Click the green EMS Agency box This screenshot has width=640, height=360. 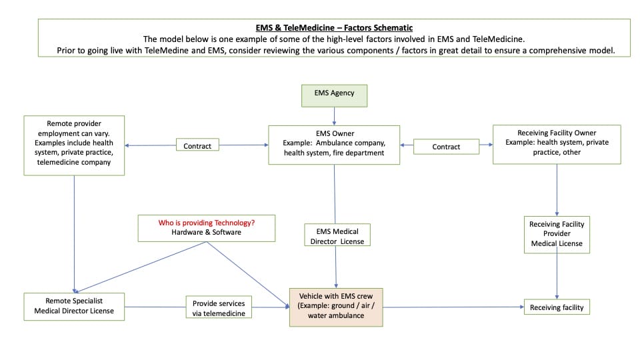point(333,93)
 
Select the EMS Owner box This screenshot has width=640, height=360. point(333,144)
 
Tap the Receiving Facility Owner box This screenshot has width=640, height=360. point(557,143)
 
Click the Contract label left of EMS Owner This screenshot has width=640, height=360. point(197,146)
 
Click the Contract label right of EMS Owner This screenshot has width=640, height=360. point(446,147)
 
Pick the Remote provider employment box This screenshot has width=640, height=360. point(74,145)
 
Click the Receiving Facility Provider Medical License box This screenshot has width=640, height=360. point(557,234)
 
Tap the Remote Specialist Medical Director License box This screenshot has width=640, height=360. point(74,306)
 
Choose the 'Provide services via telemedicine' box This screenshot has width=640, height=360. point(219,307)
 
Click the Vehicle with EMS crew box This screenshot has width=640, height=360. point(336,307)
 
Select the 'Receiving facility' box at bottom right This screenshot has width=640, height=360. point(557,307)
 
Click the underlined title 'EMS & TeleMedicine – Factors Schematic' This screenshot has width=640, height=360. point(334,27)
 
